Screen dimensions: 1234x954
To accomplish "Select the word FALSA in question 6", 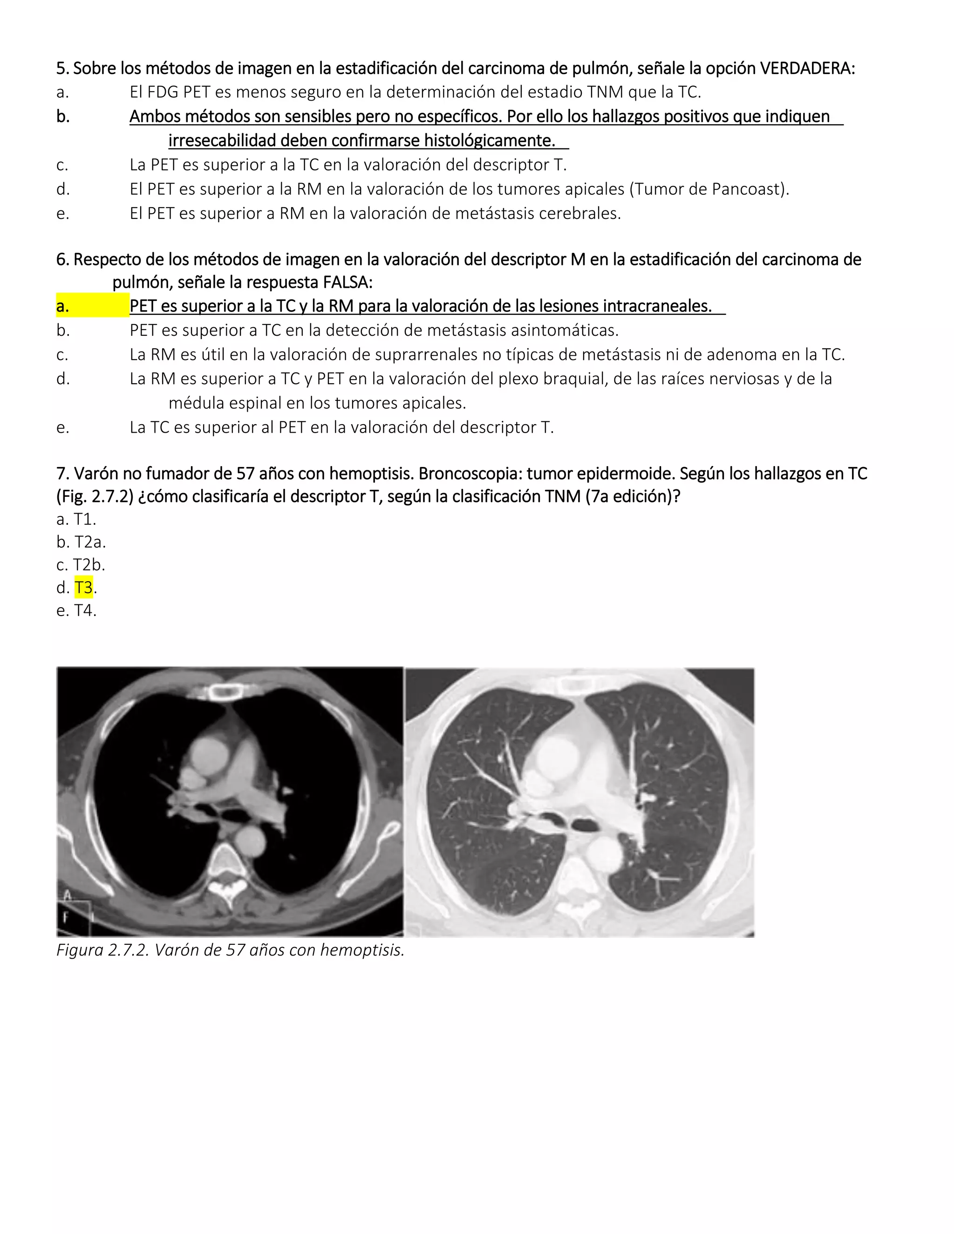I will (347, 282).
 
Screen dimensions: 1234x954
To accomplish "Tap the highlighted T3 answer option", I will (84, 588).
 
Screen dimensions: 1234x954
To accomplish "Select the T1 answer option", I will (84, 519).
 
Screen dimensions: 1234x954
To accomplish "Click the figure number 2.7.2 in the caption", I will (128, 950).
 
